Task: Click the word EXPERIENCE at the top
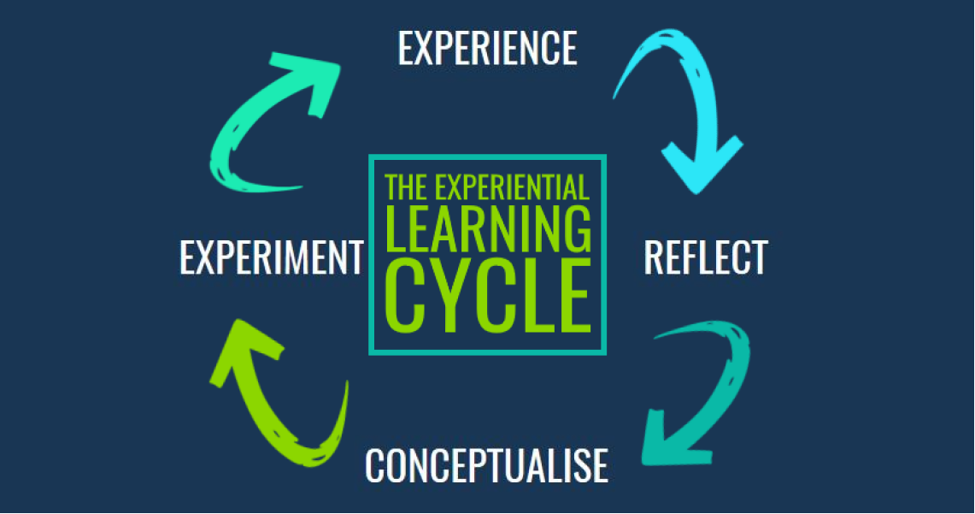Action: pyautogui.click(x=487, y=48)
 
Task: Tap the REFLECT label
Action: pyautogui.click(x=705, y=257)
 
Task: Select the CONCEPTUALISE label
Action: pyautogui.click(x=486, y=465)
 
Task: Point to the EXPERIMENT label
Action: pyautogui.click(x=272, y=257)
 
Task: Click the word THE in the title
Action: pyautogui.click(x=406, y=187)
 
